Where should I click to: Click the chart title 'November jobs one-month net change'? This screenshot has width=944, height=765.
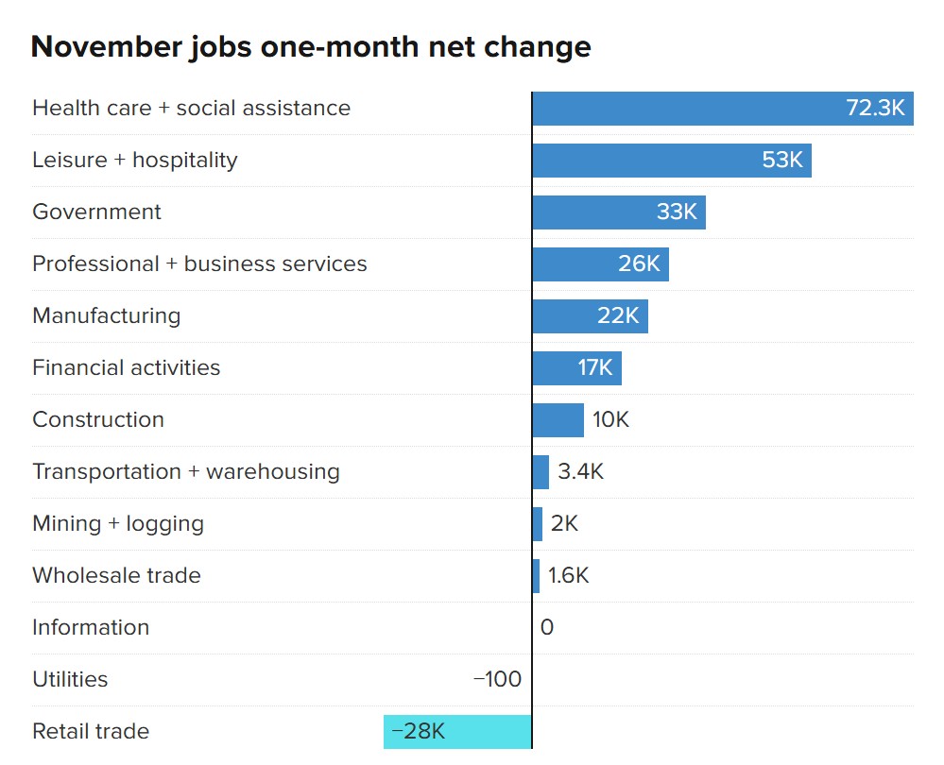311,47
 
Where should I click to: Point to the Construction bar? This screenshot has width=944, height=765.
558,420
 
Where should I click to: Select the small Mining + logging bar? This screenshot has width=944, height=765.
538,524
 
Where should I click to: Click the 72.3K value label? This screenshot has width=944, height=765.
875,109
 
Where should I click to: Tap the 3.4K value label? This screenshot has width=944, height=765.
580,471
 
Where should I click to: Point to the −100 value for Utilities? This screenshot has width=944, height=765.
497,679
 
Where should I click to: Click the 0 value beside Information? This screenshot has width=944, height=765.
546,627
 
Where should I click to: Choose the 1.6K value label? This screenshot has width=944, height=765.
568,575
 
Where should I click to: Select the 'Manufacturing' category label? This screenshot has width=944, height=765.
106,315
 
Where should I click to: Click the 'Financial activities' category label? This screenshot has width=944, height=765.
126,367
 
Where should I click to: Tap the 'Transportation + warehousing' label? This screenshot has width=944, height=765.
185,471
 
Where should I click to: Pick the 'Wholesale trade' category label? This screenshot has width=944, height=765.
116,575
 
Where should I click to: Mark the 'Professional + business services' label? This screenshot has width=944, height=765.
199,263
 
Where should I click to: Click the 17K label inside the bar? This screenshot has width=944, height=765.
595,367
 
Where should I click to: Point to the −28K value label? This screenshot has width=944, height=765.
418,731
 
